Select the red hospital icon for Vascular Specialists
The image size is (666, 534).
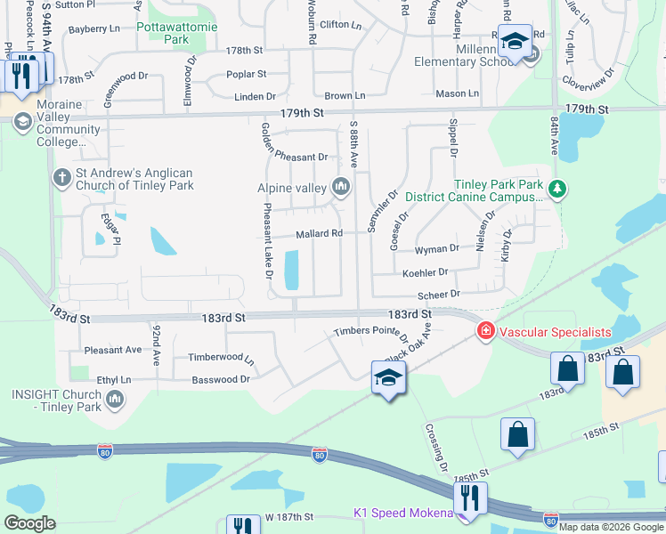[485, 332]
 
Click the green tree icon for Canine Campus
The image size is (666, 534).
[557, 188]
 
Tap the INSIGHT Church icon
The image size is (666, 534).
[114, 400]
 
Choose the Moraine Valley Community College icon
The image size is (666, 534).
[23, 122]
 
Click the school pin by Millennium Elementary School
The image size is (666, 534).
[515, 42]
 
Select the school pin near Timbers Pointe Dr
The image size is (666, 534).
[388, 378]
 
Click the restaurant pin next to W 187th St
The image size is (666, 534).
[241, 525]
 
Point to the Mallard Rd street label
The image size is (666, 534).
[320, 235]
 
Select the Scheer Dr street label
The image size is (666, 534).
[438, 294]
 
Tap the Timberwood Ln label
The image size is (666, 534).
[221, 357]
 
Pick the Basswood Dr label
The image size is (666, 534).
[221, 379]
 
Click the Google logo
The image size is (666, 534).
[30, 522]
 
